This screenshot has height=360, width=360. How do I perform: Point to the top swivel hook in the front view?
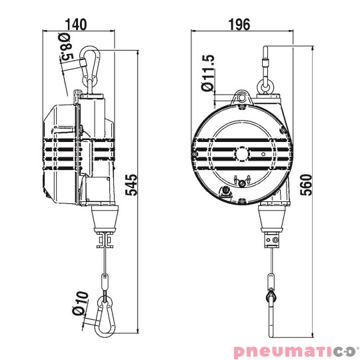click(266, 73)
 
